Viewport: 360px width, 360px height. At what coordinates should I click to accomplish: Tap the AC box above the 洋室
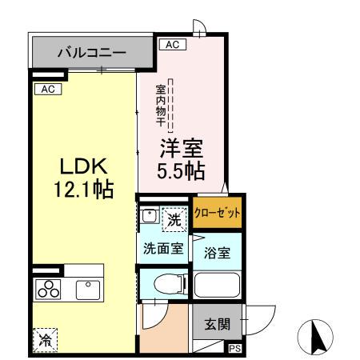[171, 45]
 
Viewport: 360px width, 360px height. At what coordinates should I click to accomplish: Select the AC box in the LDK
[46, 89]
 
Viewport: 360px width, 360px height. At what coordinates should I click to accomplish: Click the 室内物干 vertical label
[160, 104]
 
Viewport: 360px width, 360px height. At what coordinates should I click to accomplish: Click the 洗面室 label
[163, 248]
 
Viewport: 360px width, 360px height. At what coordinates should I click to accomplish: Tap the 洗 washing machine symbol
[175, 215]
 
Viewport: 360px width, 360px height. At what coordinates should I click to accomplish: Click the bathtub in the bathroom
[218, 286]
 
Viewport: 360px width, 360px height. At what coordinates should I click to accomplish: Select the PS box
[235, 348]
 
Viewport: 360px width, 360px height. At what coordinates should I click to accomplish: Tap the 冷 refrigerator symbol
[45, 339]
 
